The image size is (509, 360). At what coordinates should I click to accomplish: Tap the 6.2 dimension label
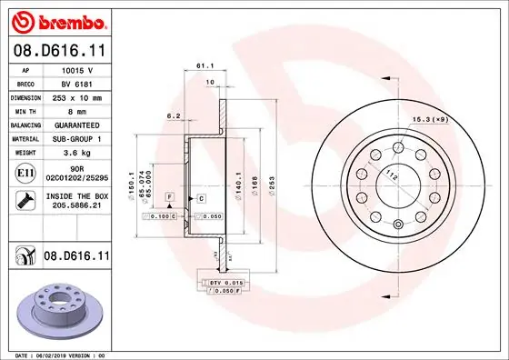[x=173, y=115]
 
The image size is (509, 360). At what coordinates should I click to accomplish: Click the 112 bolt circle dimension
[x=392, y=175]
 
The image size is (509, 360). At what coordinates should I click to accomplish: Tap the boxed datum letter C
[x=200, y=197]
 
